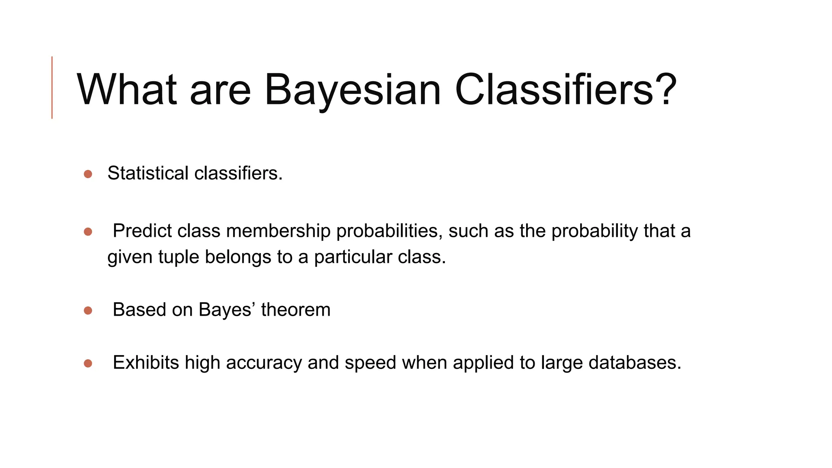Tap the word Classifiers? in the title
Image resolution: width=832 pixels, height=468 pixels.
point(565,90)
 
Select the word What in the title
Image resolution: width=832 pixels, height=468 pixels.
point(127,90)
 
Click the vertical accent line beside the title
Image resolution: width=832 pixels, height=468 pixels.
point(52,87)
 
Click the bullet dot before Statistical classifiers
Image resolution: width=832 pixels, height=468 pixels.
point(88,174)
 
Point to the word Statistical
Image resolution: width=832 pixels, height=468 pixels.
point(148,173)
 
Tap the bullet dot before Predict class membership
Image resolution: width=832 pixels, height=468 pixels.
point(88,232)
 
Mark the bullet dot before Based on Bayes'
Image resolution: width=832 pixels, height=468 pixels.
point(88,311)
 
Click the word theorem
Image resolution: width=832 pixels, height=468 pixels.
point(296,310)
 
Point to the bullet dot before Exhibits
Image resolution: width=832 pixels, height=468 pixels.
point(88,364)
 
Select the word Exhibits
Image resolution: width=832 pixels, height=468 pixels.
point(145,362)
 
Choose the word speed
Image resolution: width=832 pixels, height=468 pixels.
point(370,363)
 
